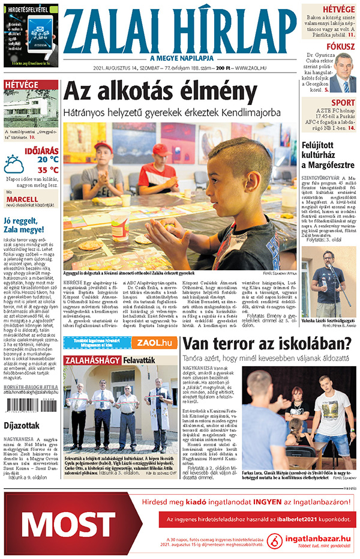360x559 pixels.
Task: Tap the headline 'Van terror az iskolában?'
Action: (x=267, y=344)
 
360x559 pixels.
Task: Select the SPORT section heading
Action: (x=343, y=102)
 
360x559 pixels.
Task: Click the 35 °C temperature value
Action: (x=47, y=169)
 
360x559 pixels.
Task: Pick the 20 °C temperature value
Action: (x=47, y=159)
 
